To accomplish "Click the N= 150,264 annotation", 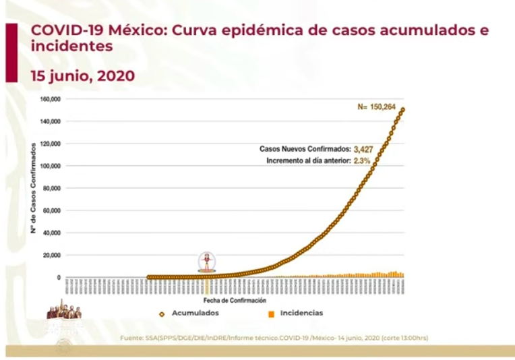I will pyautogui.click(x=382, y=106).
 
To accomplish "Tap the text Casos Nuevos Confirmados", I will pyautogui.click(x=305, y=149).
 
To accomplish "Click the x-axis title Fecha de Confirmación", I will pyautogui.click(x=235, y=300).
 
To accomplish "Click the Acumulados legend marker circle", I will pyautogui.click(x=162, y=313).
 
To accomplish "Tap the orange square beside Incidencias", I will pyautogui.click(x=270, y=313).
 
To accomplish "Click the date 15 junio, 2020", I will pyautogui.click(x=83, y=76).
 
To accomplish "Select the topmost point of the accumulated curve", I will pyautogui.click(x=403, y=109).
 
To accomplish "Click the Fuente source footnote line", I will pyautogui.click(x=274, y=337).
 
